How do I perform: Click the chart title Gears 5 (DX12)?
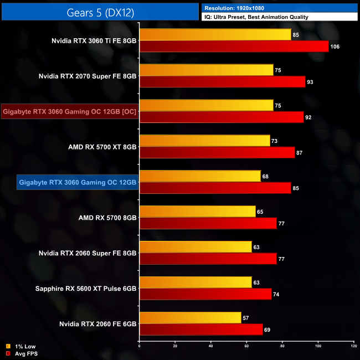pyautogui.click(x=100, y=12)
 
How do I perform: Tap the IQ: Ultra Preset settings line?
pyautogui.click(x=256, y=18)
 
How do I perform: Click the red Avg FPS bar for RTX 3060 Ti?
pyautogui.click(x=234, y=47)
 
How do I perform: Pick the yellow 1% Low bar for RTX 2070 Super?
pyautogui.click(x=206, y=70)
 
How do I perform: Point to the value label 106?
pyautogui.click(x=335, y=47)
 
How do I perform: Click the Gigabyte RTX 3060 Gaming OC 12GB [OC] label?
pyautogui.click(x=69, y=111)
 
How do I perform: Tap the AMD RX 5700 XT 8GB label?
pyautogui.click(x=101, y=147)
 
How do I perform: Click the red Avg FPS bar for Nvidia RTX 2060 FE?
pyautogui.click(x=200, y=330)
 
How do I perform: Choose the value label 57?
pyautogui.click(x=247, y=318)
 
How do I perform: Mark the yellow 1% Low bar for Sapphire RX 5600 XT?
pyautogui.click(x=195, y=282)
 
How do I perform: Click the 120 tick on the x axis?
pyautogui.click(x=353, y=347)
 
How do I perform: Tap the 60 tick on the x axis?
pyautogui.click(x=246, y=347)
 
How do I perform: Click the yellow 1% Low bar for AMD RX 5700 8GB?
pyautogui.click(x=197, y=212)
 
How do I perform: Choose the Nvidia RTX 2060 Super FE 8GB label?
pyautogui.click(x=88, y=253)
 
